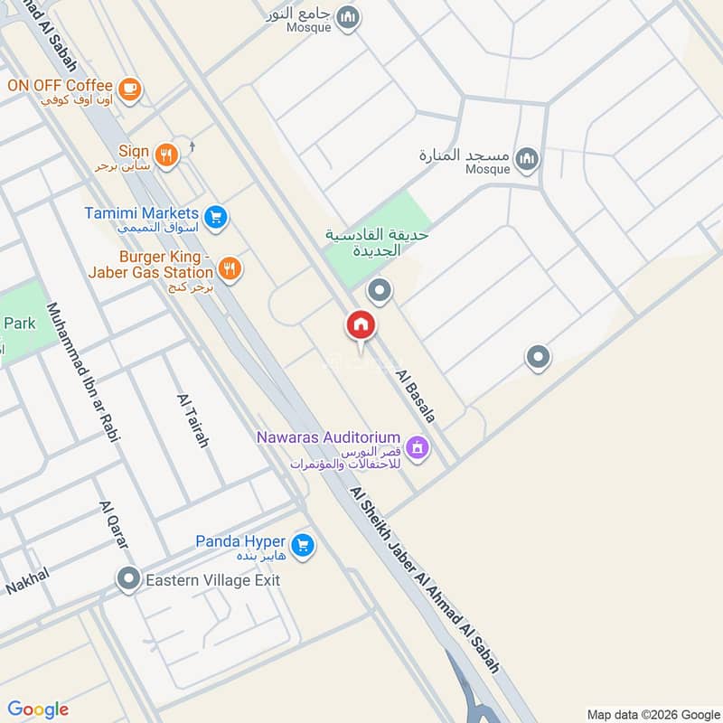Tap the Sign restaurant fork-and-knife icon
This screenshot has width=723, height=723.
164,155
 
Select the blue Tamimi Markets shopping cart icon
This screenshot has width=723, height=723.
214,217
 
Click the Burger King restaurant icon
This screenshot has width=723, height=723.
230,268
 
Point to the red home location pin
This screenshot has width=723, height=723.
361,326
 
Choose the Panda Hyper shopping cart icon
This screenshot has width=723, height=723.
303,546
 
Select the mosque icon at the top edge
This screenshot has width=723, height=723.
347,17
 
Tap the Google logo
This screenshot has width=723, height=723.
38,709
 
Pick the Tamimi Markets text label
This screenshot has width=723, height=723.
143,212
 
